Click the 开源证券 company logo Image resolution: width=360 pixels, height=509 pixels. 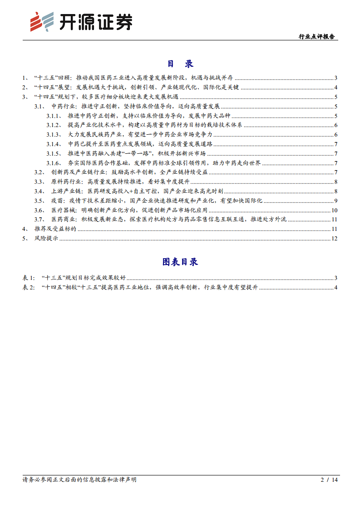pos(81,22)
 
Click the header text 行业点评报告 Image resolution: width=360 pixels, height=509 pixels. pos(316,37)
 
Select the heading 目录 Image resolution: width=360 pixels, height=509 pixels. pos(180,64)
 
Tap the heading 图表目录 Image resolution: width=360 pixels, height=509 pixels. pos(180,262)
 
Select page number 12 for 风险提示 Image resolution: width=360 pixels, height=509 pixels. pos(335,239)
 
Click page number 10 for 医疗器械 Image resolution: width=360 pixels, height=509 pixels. pos(335,210)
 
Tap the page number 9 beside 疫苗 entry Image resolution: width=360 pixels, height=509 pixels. pos(336,201)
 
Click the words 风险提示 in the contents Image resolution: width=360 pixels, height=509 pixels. pos(46,239)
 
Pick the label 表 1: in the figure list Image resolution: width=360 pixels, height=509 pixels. pos(29,278)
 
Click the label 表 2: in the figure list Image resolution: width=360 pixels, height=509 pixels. pos(29,287)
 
